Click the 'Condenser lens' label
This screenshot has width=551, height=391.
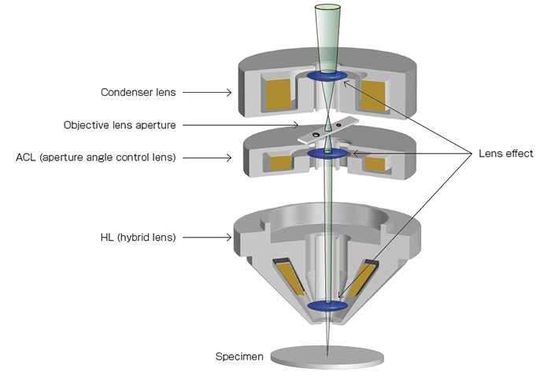(138, 92)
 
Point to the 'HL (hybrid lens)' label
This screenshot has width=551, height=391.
(140, 236)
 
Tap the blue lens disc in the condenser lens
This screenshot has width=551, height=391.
(326, 76)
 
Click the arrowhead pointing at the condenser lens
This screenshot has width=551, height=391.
(229, 92)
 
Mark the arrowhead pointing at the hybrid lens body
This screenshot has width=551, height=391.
(229, 236)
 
